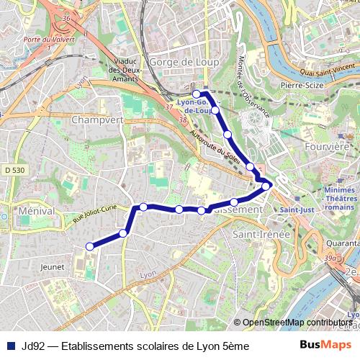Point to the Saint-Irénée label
[261, 234]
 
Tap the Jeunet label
[53, 266]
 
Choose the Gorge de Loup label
[174, 62]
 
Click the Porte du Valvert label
[49, 39]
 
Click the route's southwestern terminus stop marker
[90, 246]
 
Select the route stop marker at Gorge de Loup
[197, 94]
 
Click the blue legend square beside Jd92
[9, 346]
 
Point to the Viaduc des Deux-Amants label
[127, 70]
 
